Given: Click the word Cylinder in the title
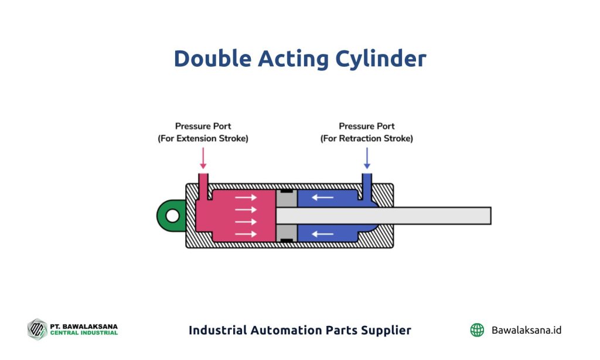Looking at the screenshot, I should [380, 59].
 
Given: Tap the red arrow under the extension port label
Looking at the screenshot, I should [203, 158].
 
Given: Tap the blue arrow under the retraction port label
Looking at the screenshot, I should [367, 158].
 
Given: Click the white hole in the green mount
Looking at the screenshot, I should [172, 216].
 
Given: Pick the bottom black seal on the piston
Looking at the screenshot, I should [287, 240].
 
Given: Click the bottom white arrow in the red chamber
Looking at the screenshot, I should [246, 235].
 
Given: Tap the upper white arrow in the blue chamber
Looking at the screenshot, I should [322, 198].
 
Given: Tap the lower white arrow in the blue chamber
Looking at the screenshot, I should [322, 235].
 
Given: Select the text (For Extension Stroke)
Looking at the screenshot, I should [203, 139].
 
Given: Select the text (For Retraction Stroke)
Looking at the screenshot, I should [367, 139].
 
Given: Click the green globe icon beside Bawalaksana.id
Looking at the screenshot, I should [477, 330].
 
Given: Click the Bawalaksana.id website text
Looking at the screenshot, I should [527, 330].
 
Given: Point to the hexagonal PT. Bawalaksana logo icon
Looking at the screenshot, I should [37, 328].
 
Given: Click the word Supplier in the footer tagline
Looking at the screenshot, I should [386, 331].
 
